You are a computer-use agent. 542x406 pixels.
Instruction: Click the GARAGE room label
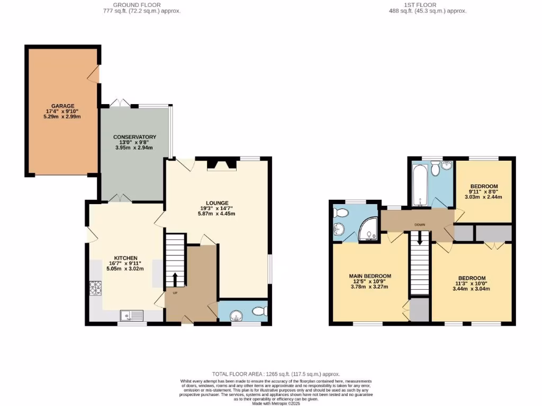click(x=63, y=106)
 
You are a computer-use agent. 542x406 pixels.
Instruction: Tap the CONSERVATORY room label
click(x=134, y=137)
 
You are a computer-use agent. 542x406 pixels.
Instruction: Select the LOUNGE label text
click(x=217, y=202)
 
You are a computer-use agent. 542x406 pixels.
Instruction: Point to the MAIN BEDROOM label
click(x=369, y=276)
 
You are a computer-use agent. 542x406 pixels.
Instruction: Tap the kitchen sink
click(x=131, y=316)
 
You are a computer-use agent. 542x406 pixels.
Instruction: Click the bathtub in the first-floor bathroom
click(x=419, y=185)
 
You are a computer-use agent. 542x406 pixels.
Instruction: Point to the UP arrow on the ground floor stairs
click(x=175, y=279)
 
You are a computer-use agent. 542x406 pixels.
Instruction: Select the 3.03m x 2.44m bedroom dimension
click(x=483, y=197)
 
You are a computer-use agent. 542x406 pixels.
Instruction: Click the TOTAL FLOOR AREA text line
click(x=276, y=374)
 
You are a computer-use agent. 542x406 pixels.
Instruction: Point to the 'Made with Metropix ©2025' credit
click(x=276, y=403)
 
